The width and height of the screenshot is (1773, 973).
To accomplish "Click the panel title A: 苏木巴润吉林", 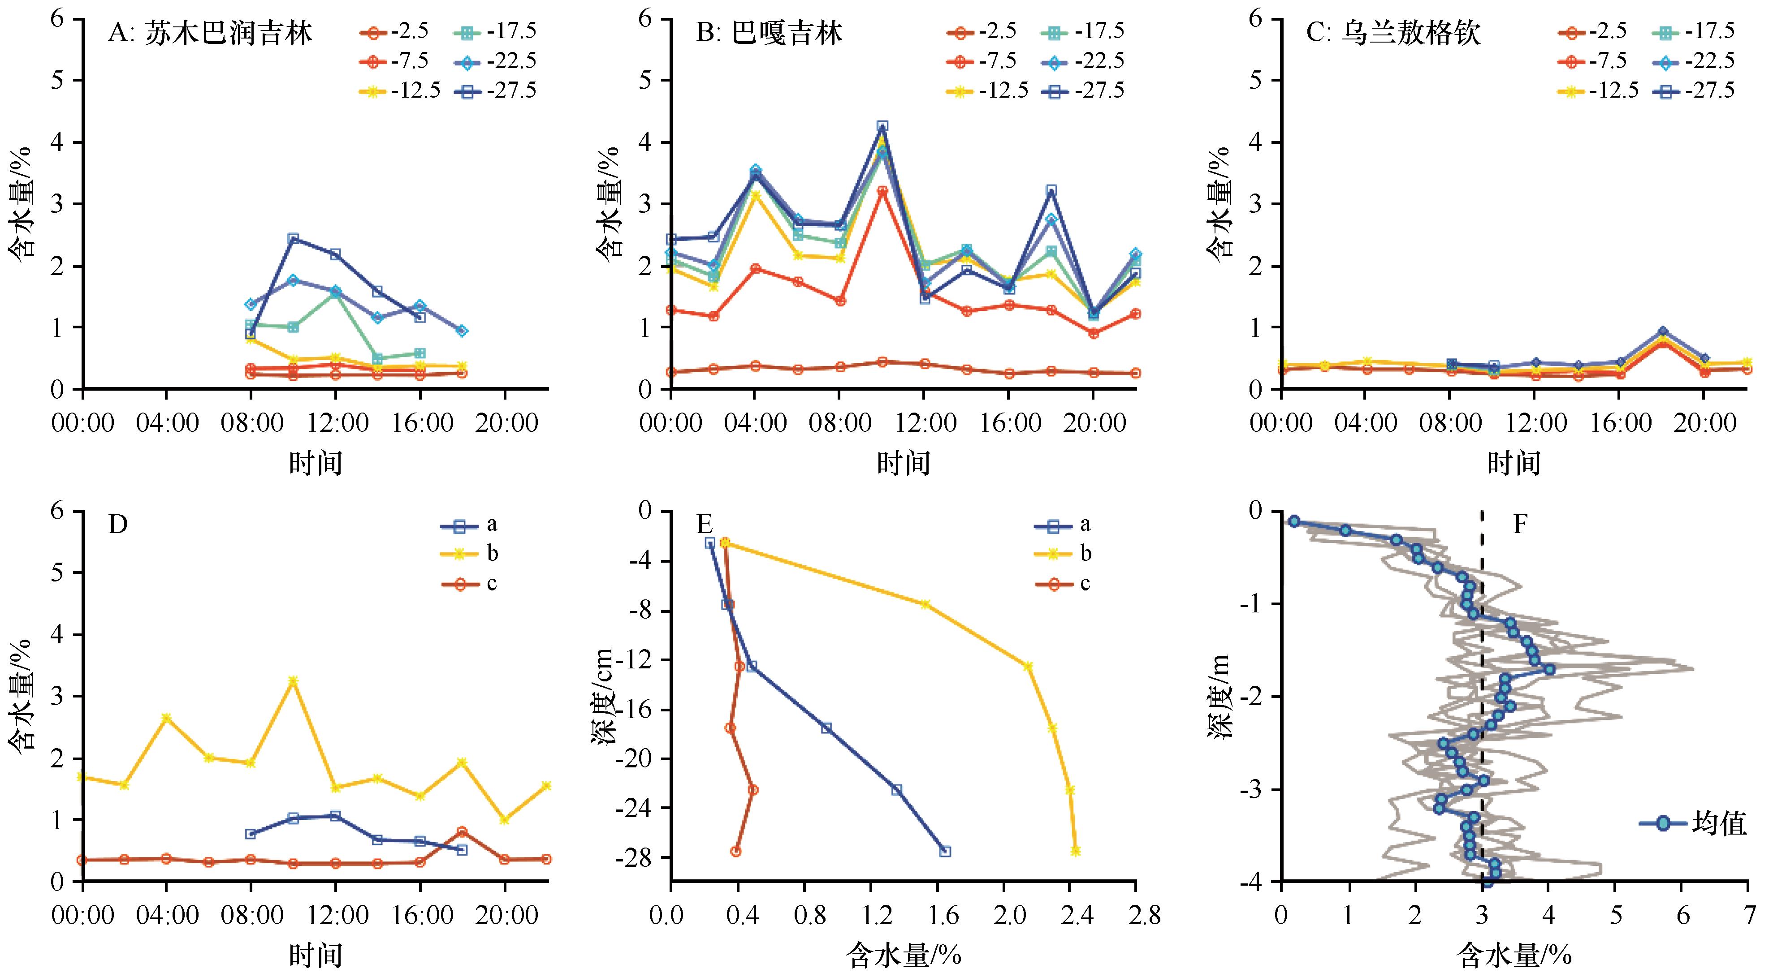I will tap(210, 33).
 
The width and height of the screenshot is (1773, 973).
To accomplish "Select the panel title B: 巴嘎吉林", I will tap(769, 33).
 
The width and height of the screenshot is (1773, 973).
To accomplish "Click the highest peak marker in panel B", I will tap(882, 126).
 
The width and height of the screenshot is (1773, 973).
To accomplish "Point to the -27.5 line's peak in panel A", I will tap(293, 238).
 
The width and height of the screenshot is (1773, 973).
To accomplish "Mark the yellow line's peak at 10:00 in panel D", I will tap(293, 680).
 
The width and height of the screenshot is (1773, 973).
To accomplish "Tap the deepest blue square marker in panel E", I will tap(945, 851).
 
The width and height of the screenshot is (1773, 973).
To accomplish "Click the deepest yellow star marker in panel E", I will tap(1075, 851).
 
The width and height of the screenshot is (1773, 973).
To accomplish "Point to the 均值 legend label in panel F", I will tap(1719, 823).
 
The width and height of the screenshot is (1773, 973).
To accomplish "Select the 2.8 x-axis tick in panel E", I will tap(1136, 915).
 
